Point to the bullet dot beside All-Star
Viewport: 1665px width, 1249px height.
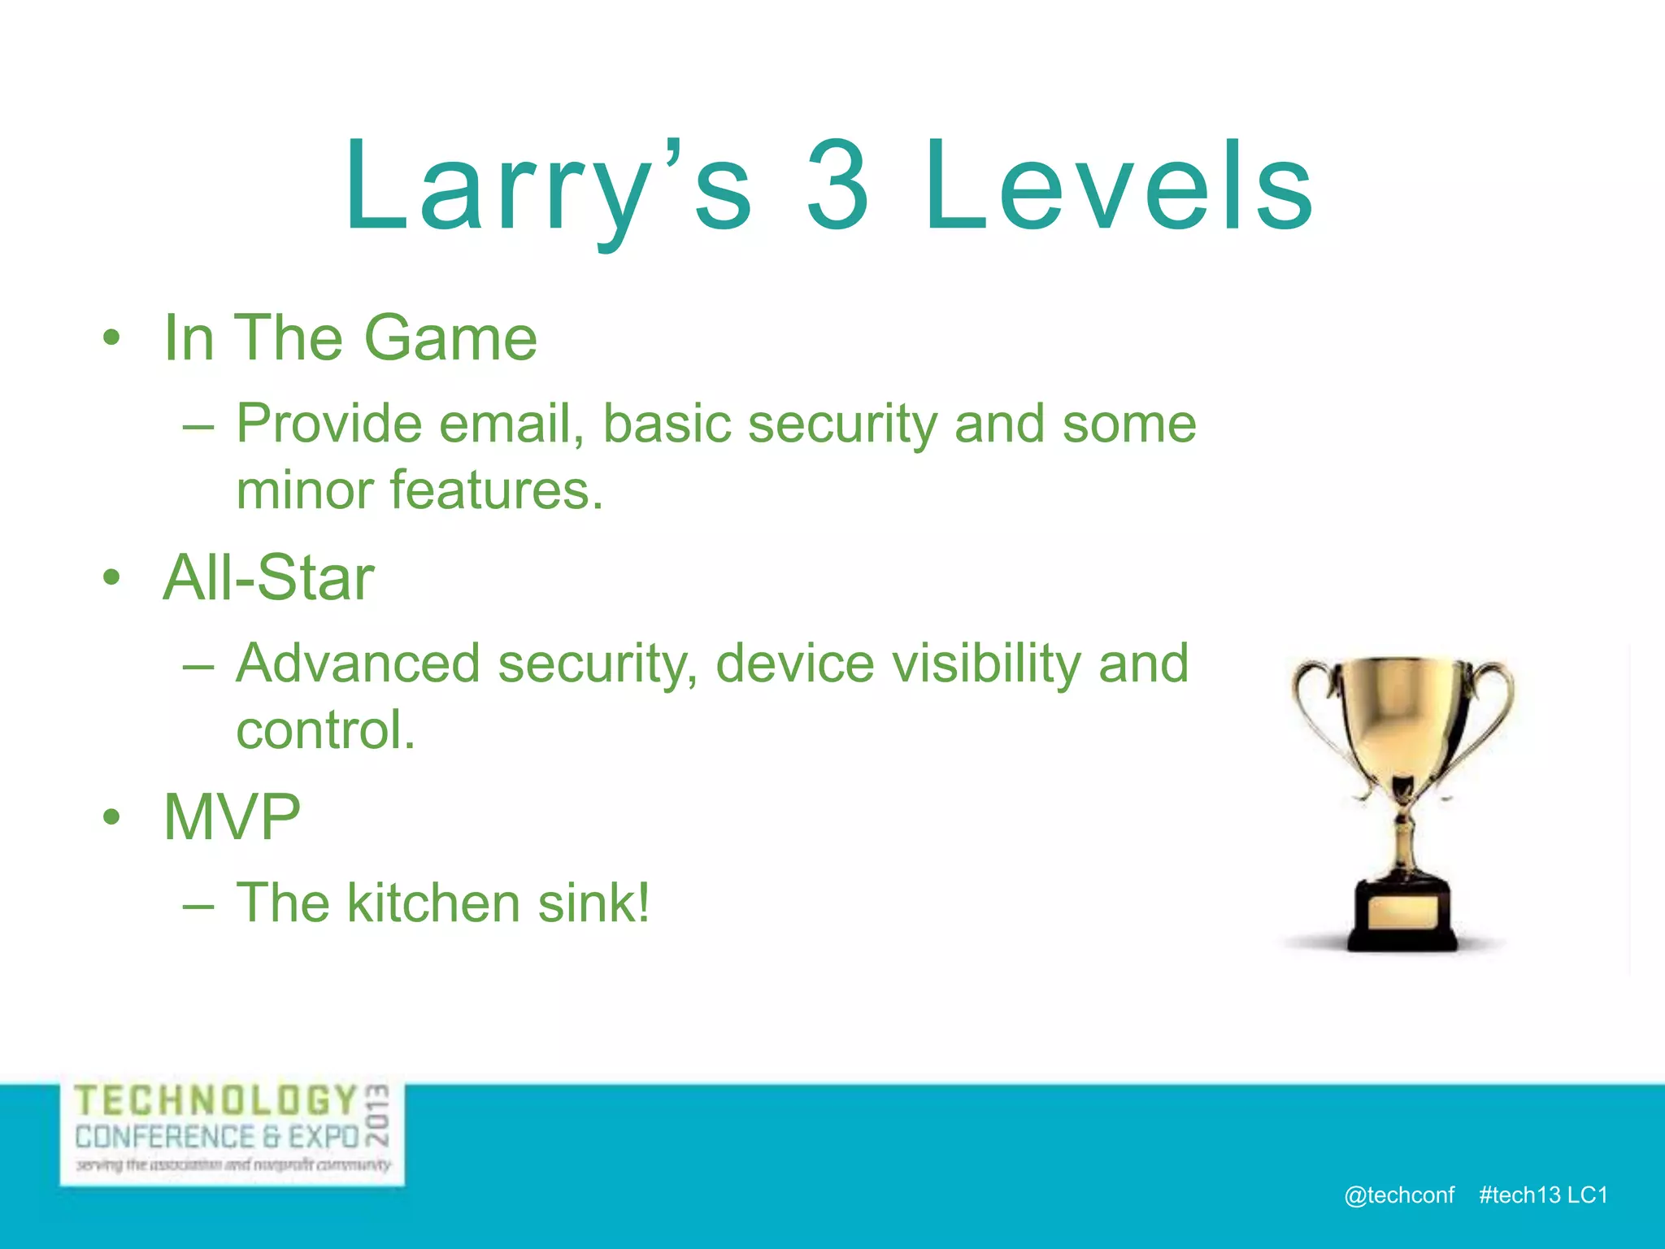pyautogui.click(x=111, y=578)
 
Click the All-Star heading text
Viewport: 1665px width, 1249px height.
pyautogui.click(x=268, y=578)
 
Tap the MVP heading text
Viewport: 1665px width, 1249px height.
pyautogui.click(x=232, y=817)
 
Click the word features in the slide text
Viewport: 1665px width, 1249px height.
pyautogui.click(x=496, y=491)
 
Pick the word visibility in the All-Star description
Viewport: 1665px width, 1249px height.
pyautogui.click(x=986, y=664)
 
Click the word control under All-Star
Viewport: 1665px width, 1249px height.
pyautogui.click(x=325, y=730)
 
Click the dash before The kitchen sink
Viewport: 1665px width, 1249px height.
pyautogui.click(x=198, y=905)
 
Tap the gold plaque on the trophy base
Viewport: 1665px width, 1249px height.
pyautogui.click(x=1402, y=912)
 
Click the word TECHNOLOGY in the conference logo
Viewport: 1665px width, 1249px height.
pyautogui.click(x=216, y=1101)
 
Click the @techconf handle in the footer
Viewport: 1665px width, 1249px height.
pyautogui.click(x=1399, y=1195)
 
